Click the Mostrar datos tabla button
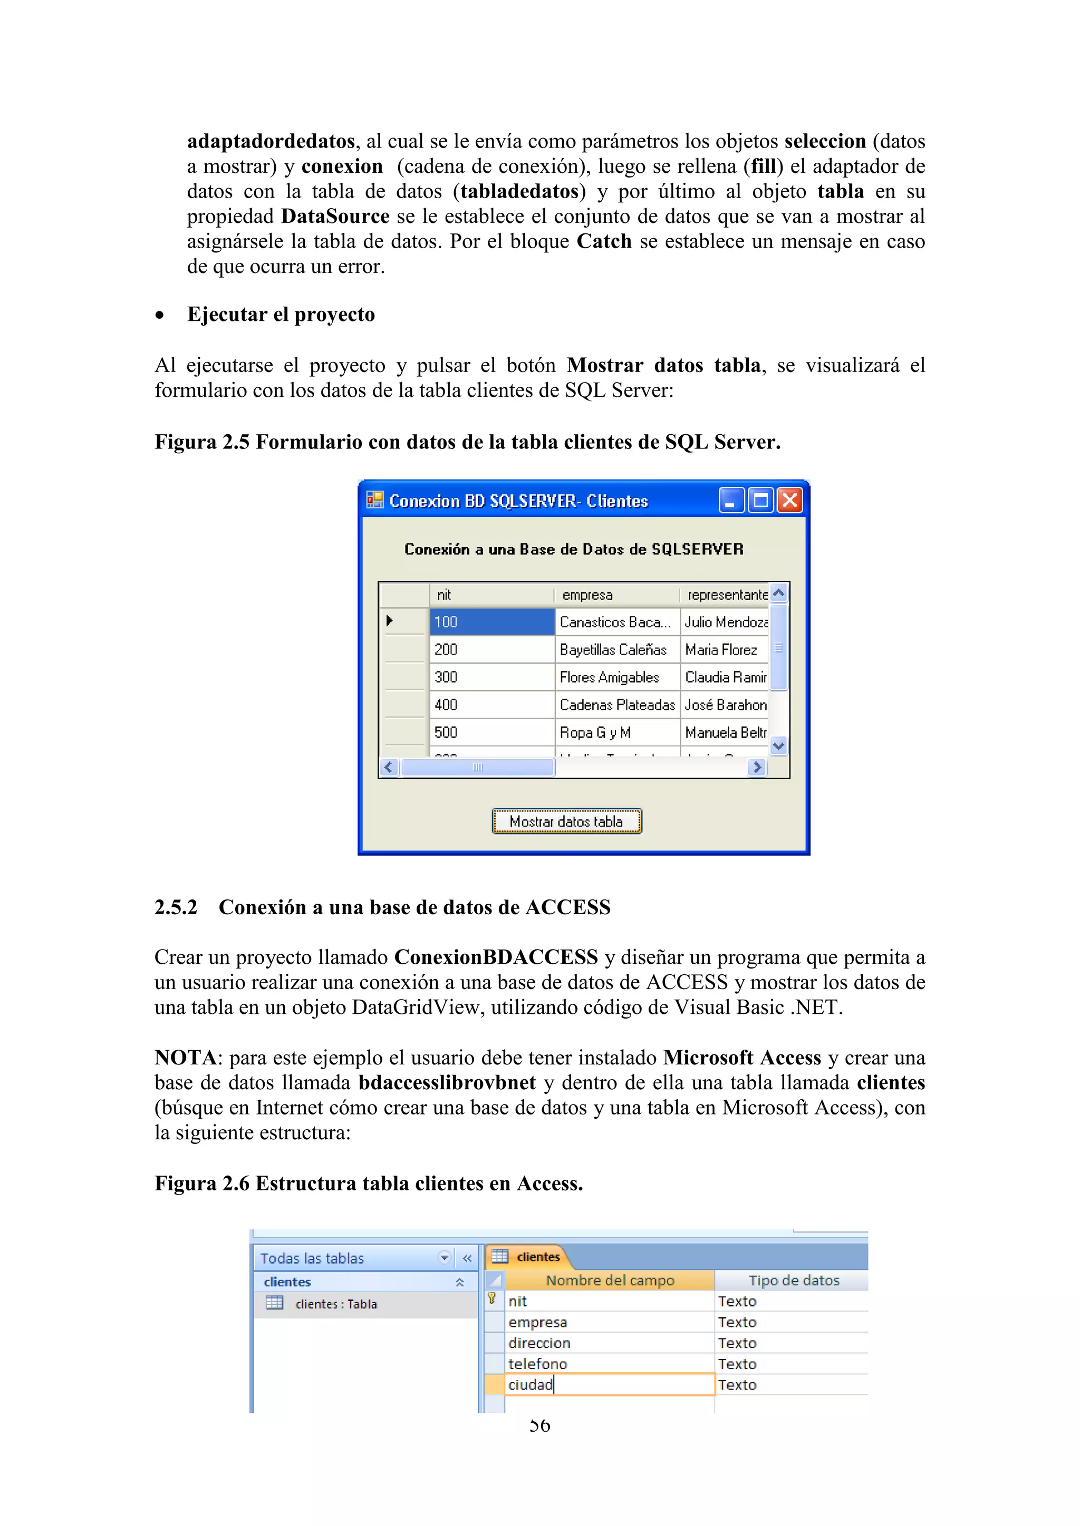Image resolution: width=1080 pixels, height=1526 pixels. click(566, 821)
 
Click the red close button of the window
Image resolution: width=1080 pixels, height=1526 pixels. click(789, 500)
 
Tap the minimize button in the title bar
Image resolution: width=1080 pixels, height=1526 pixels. click(731, 500)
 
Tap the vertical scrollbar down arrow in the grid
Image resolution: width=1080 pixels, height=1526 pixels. click(779, 746)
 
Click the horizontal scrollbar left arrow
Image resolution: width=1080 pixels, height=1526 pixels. click(389, 767)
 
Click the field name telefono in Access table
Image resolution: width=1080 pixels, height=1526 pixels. click(538, 1364)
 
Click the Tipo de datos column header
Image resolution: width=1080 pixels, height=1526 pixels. click(793, 1280)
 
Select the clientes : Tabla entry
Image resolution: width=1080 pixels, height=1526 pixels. click(336, 1304)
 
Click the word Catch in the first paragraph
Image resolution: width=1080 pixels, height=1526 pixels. click(603, 241)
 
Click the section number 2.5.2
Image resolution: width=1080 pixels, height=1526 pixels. click(176, 907)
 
